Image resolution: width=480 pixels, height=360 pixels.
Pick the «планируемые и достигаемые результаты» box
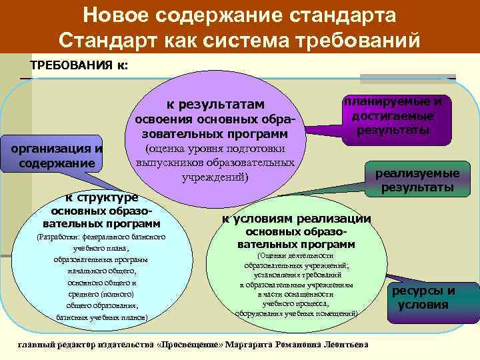(x=393, y=116)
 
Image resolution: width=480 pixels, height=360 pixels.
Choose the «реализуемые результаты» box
(x=418, y=181)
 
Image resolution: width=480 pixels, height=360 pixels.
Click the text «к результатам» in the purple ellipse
(x=215, y=104)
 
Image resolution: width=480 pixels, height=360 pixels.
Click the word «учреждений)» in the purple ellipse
(x=215, y=177)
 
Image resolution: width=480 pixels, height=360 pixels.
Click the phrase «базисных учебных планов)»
(x=102, y=317)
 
